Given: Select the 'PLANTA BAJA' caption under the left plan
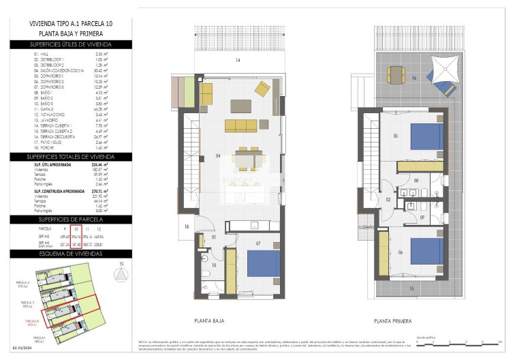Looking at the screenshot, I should click(x=210, y=320).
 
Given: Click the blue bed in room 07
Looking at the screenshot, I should click(x=262, y=264).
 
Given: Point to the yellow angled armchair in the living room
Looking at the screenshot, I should click(x=262, y=89).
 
